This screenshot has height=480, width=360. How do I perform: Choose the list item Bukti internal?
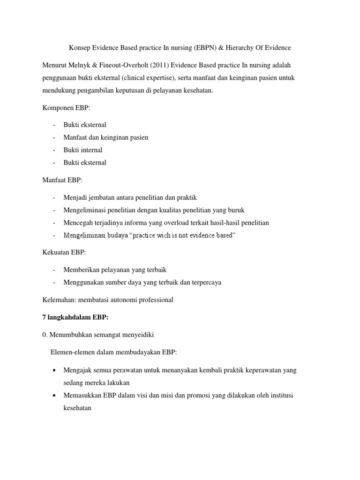pos(83,150)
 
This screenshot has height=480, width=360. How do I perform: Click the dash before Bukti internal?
pos(55,150)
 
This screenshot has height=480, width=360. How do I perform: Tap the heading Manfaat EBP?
pos(62,180)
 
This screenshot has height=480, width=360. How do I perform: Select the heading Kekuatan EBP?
pos(64,252)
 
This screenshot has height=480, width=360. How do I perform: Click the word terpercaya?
pos(205,282)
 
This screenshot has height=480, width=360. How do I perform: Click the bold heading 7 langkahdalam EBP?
pos(75,317)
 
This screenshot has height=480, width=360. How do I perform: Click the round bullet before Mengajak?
pos(55,370)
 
